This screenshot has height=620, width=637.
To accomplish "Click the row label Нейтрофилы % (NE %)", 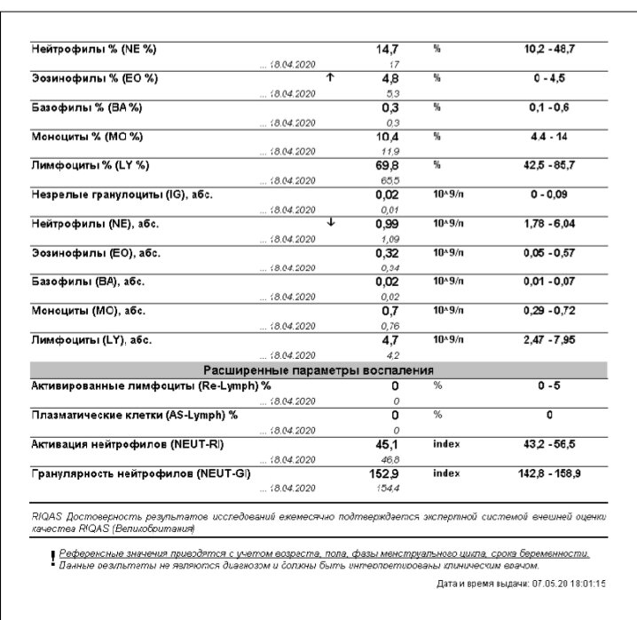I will tap(94, 49).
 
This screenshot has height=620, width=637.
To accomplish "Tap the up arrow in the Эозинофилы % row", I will tap(331, 77).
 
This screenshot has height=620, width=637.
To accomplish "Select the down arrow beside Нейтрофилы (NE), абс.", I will tap(331, 223).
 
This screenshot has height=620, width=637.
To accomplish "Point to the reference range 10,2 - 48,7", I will tap(549, 49).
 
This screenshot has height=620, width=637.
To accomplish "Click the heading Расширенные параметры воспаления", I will tap(318, 370).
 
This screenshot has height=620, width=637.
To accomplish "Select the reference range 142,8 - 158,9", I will tap(549, 474).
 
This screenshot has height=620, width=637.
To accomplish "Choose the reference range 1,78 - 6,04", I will tap(549, 224).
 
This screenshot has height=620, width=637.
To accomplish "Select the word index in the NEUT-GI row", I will tap(446, 474).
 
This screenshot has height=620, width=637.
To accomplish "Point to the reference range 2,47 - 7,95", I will tap(549, 340).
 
